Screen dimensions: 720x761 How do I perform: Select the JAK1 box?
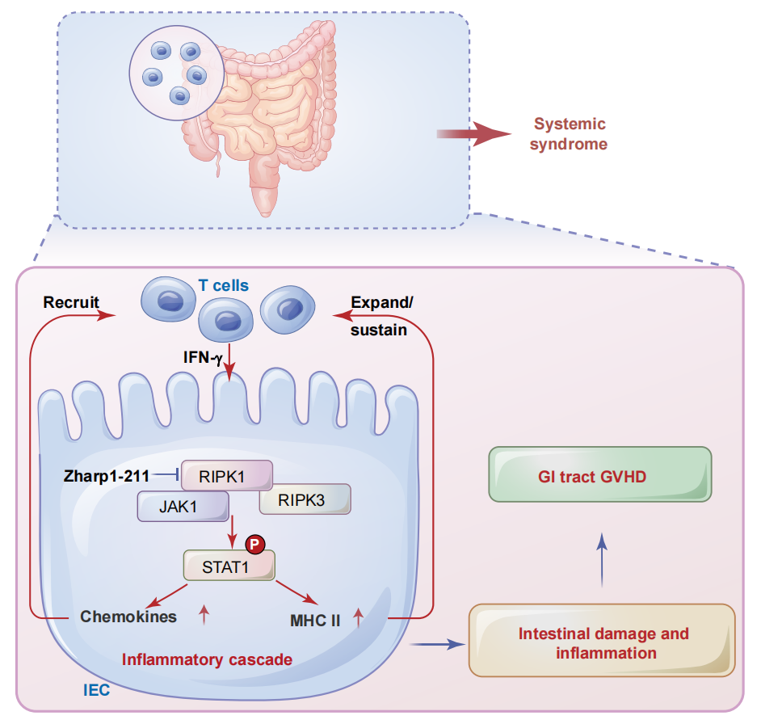182,507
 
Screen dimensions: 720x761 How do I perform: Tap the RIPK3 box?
305,499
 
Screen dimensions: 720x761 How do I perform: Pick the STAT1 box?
229,566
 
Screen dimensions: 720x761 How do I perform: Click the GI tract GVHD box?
599,477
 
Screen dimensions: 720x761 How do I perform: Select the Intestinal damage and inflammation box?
603,642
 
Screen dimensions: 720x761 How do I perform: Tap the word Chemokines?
128,617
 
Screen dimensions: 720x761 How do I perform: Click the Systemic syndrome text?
569,134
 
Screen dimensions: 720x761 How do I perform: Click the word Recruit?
71,303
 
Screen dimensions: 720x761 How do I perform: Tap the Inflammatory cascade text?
207,659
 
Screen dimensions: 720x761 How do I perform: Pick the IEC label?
96,691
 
